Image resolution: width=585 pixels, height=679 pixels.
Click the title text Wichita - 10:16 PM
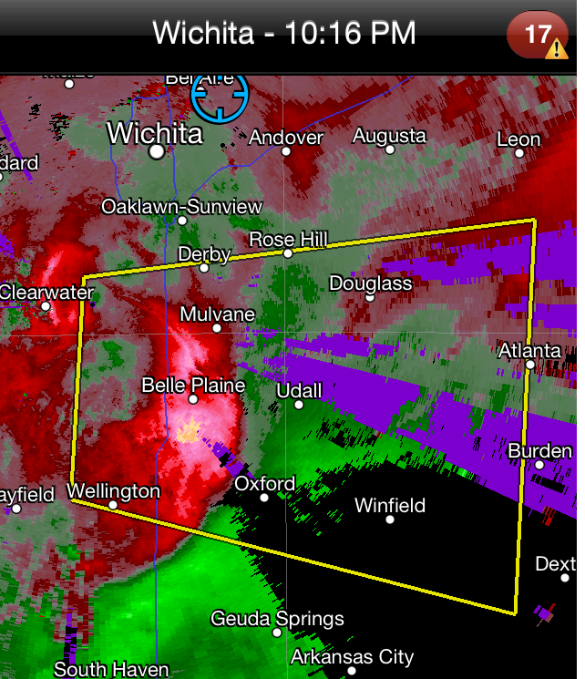click(x=283, y=34)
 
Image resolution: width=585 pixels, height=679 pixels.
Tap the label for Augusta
click(x=389, y=136)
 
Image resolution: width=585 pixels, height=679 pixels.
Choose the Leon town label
click(x=518, y=139)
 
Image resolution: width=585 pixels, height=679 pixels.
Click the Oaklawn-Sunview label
click(x=181, y=207)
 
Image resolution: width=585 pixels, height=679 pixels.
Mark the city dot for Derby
click(x=204, y=268)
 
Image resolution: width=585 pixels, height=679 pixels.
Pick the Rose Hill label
click(x=288, y=240)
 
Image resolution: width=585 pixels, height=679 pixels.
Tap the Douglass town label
click(x=370, y=283)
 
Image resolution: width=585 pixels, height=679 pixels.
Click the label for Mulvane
click(x=217, y=314)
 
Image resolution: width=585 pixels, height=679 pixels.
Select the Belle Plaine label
click(x=193, y=386)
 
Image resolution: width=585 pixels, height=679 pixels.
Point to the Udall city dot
click(x=298, y=405)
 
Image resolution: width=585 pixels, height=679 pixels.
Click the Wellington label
click(x=113, y=491)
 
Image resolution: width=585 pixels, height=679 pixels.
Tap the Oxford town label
click(x=264, y=483)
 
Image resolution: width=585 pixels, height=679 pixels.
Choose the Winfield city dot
click(x=390, y=520)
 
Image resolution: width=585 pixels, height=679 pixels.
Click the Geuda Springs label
click(x=277, y=619)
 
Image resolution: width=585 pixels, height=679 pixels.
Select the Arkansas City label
click(x=352, y=657)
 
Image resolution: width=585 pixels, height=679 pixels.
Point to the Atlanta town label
click(x=529, y=351)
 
